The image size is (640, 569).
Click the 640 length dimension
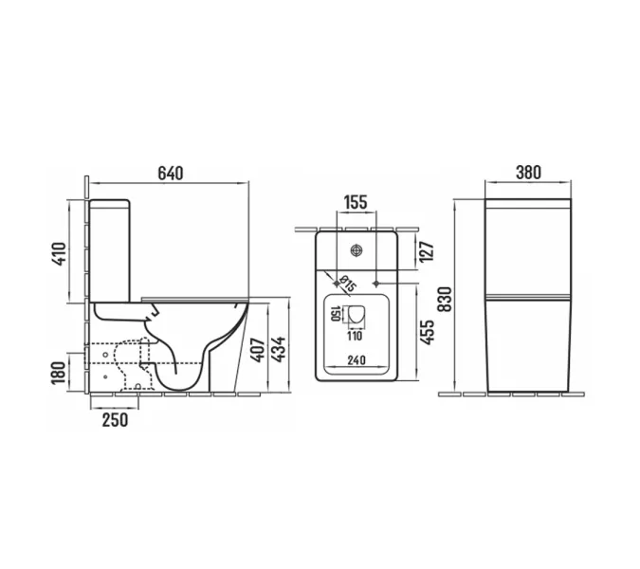[170, 174]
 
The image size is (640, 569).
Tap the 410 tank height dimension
[59, 253]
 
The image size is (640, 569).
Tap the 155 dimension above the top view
[356, 202]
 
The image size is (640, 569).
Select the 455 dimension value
[427, 331]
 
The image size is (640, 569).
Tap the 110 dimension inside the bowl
[354, 335]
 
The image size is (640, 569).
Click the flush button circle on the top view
[357, 250]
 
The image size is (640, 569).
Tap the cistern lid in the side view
[111, 202]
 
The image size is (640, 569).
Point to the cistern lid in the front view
[527, 204]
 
